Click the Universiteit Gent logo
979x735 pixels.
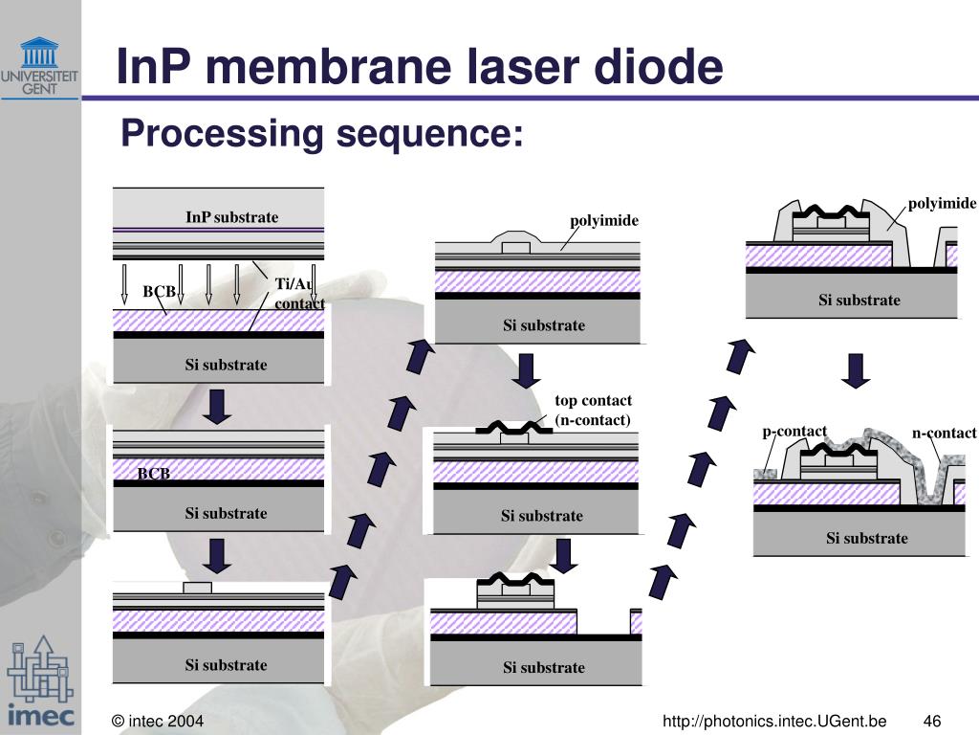(39, 66)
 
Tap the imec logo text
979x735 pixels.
(41, 714)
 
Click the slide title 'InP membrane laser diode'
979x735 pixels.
(420, 66)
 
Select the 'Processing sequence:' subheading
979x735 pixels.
(322, 133)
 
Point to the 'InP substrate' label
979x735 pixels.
(231, 217)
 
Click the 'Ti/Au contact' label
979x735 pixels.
(299, 293)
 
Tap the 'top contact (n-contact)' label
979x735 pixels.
(593, 410)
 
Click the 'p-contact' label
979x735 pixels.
(794, 432)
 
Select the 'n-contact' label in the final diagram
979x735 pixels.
(944, 433)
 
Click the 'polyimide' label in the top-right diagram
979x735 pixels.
(942, 203)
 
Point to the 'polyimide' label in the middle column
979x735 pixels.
(604, 221)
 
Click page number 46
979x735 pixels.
(931, 722)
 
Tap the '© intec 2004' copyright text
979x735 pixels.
(158, 722)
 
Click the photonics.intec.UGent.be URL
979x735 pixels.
(774, 722)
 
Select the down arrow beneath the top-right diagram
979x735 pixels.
(856, 371)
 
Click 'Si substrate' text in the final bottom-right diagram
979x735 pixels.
(866, 538)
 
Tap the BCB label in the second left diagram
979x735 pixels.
(154, 473)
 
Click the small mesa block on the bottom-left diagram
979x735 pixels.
(197, 588)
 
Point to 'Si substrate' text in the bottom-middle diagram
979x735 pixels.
(544, 667)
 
